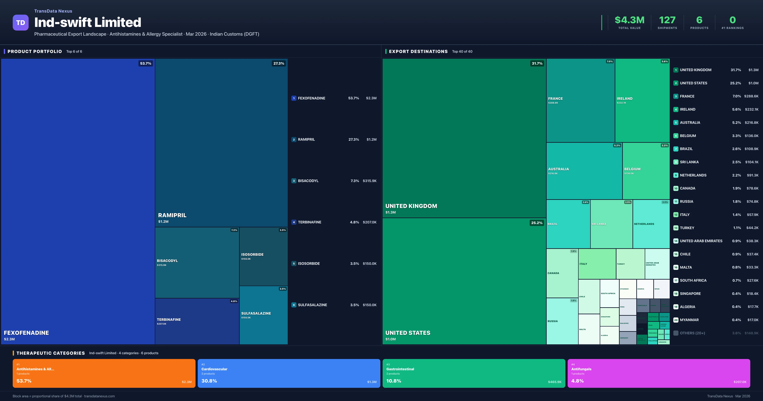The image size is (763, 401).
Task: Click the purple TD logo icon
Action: (21, 23)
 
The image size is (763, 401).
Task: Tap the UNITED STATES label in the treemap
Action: (408, 333)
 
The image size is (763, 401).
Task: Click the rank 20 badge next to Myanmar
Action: (676, 320)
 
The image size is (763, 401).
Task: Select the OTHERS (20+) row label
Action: (692, 333)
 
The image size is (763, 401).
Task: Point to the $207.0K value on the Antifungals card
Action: (740, 382)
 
